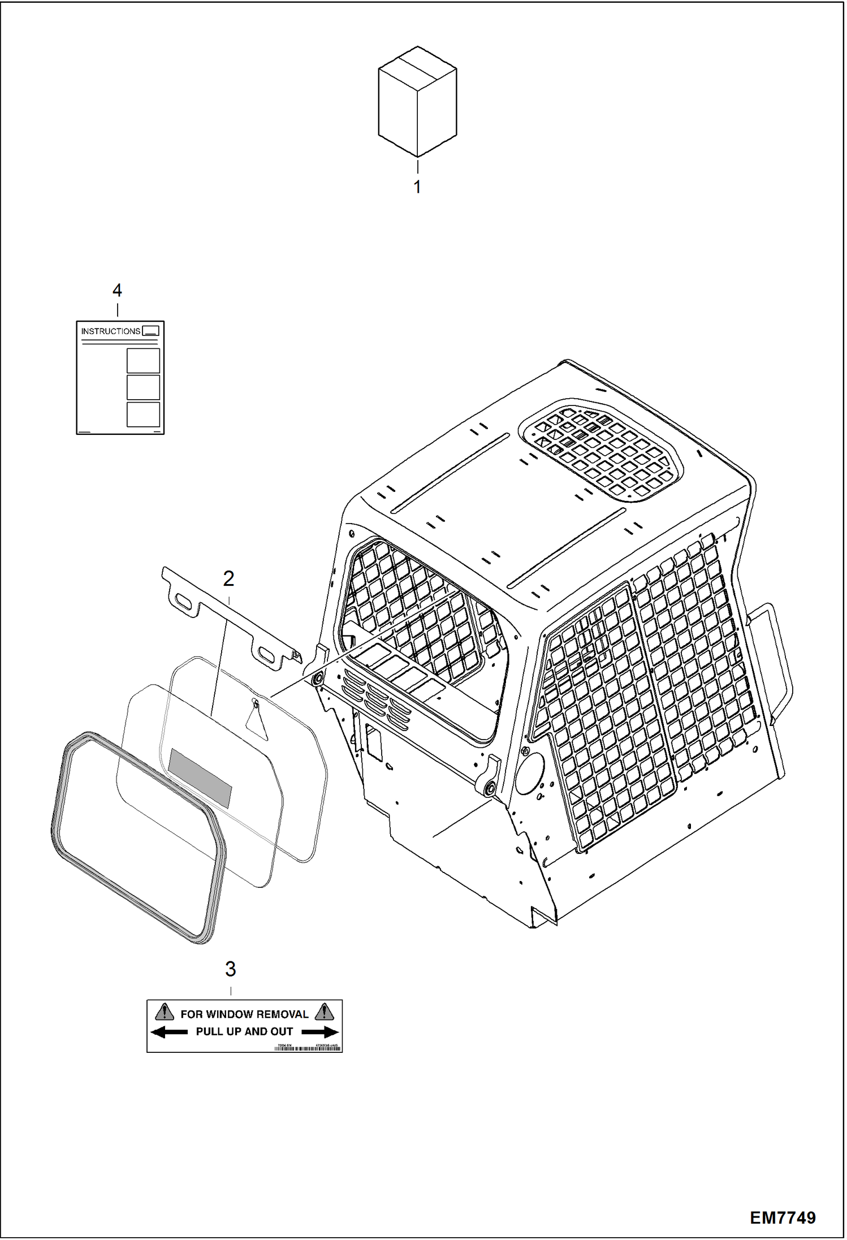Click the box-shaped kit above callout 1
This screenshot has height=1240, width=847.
click(417, 102)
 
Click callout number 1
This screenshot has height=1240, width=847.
click(417, 187)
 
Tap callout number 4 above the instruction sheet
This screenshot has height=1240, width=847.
click(117, 291)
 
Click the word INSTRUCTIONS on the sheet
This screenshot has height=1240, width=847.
click(110, 331)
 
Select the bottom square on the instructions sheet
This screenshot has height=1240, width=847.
click(143, 414)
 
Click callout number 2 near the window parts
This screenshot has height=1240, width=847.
click(228, 578)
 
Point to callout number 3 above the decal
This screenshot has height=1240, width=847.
click(230, 969)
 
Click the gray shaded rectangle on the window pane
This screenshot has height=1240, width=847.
click(201, 778)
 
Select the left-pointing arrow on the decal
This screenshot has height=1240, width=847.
click(168, 1032)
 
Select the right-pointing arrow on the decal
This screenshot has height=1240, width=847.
click(321, 1032)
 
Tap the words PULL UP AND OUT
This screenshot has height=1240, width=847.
click(244, 1032)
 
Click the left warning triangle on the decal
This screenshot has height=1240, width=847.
click(165, 1012)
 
